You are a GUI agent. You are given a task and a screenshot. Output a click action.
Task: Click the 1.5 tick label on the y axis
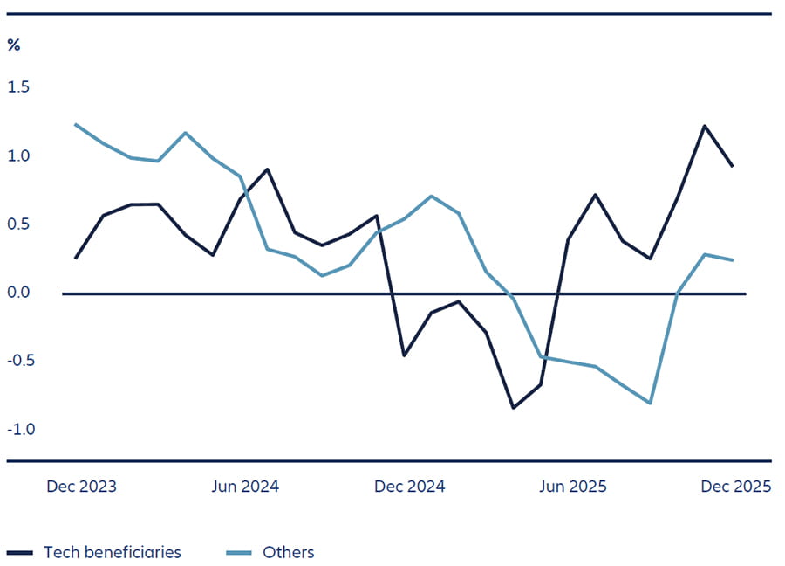pos(18,87)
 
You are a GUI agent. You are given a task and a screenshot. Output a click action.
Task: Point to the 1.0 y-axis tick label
pos(18,155)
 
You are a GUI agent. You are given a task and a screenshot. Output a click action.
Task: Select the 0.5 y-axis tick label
pos(18,224)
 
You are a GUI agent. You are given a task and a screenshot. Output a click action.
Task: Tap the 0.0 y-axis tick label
pos(18,293)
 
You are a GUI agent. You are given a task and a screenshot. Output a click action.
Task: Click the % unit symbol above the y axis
pos(13,45)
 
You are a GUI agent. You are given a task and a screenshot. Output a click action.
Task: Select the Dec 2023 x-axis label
pos(81,487)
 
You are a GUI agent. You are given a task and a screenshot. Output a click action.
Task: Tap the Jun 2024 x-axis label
pos(245,487)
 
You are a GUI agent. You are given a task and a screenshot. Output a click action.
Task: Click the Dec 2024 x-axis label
pos(409,487)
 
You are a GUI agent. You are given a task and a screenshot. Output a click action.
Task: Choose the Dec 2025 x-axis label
pos(736,487)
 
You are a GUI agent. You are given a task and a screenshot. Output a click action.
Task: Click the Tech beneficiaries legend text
pos(113,552)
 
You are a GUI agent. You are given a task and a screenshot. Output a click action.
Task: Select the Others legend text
pos(288,552)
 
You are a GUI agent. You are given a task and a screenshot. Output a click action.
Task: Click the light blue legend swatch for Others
pos(238,553)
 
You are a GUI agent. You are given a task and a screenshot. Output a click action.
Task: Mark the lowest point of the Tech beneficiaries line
pos(514,408)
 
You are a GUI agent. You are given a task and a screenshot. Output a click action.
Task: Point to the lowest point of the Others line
pos(650,403)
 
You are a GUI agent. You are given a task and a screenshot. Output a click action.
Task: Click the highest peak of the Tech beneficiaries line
pos(704,126)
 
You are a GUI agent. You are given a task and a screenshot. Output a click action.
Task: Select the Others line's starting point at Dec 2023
pos(75,124)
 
